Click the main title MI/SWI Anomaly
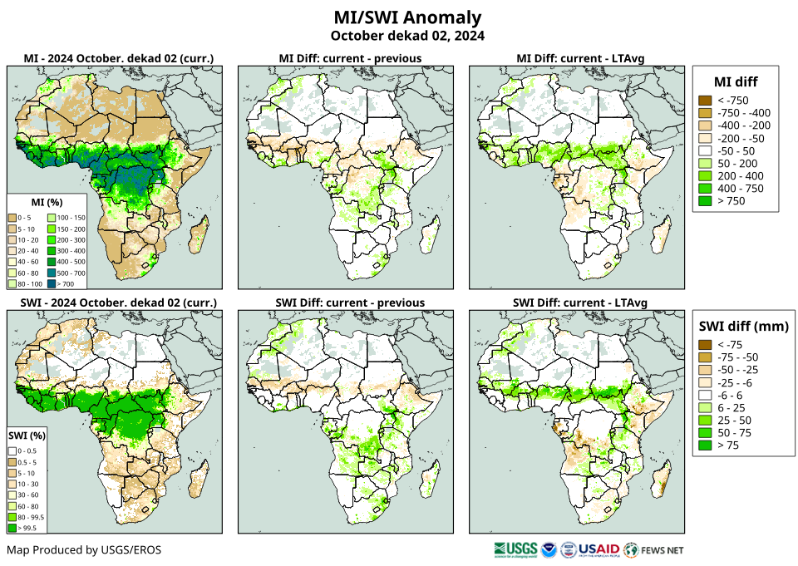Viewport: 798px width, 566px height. click(407, 17)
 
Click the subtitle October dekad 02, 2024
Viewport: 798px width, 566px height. click(407, 36)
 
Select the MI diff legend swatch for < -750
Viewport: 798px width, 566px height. click(705, 101)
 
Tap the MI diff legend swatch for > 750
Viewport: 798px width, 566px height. click(705, 200)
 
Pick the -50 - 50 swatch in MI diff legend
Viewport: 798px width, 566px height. click(705, 150)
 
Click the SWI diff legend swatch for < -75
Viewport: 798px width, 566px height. click(705, 345)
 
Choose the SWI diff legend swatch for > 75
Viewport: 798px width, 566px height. click(705, 445)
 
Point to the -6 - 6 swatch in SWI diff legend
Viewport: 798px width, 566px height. click(705, 395)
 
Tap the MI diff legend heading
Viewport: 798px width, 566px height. click(735, 81)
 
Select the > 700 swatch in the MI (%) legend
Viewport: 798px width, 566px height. click(64, 284)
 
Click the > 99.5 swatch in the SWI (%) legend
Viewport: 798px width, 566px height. click(13, 527)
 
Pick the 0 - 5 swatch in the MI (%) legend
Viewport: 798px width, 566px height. click(13, 216)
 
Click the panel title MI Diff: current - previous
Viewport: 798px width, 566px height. click(349, 58)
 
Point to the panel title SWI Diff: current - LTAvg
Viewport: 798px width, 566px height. click(579, 302)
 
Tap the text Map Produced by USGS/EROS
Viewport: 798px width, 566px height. click(84, 550)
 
